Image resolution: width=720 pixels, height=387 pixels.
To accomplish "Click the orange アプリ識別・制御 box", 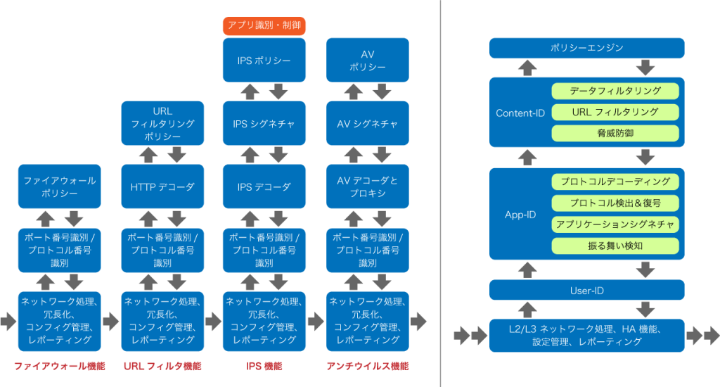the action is [264, 25].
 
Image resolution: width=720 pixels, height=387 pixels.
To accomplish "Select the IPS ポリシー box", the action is [264, 61].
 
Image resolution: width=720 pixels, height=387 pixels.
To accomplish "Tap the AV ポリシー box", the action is [367, 61].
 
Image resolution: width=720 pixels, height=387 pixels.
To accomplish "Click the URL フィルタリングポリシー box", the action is [162, 123].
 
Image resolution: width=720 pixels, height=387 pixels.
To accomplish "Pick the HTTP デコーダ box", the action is [162, 186].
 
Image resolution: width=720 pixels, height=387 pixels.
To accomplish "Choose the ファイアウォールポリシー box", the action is [60, 186].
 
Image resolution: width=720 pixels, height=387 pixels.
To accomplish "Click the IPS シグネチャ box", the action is [264, 123].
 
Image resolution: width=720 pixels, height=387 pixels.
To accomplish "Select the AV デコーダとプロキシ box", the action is [367, 186].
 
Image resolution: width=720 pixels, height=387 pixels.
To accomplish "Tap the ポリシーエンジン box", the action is [587, 48].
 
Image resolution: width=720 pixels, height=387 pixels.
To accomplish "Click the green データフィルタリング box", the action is [615, 91].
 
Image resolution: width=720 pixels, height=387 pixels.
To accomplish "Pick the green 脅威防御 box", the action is [615, 133].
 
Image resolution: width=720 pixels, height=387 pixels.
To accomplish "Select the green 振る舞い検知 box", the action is [615, 246].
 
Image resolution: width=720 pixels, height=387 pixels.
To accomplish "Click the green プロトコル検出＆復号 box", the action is [615, 203].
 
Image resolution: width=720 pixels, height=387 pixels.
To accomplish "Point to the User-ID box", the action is [587, 290].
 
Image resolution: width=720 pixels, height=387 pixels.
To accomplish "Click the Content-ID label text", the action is [520, 113].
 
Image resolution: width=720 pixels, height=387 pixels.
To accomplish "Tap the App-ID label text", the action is [520, 215].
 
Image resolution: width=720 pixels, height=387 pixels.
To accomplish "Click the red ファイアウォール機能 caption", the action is [60, 367].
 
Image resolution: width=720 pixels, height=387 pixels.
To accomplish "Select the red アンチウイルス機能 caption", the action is [367, 367].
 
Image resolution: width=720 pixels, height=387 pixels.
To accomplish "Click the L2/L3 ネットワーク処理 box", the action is [587, 336].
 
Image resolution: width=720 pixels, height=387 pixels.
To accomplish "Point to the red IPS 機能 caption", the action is [264, 367].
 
